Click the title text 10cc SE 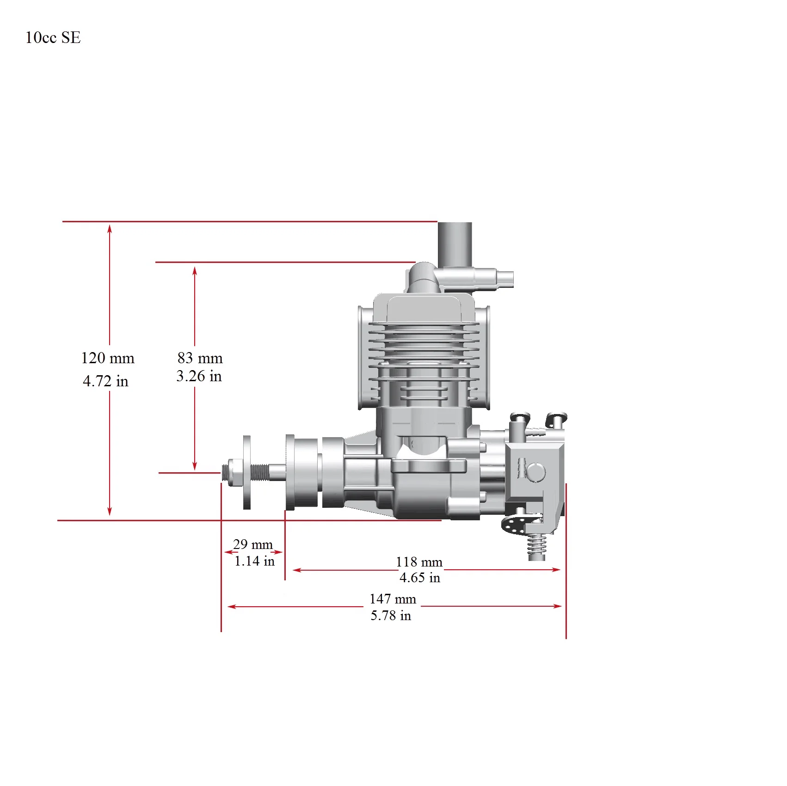click(x=53, y=38)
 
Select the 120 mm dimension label click(x=108, y=358)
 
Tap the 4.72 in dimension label click(x=105, y=381)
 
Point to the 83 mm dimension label click(x=200, y=358)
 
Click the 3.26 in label click(x=199, y=376)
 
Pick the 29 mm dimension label click(x=253, y=544)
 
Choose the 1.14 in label click(x=254, y=561)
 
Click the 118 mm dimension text click(x=419, y=562)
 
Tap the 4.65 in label click(x=420, y=578)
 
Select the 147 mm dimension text click(x=393, y=599)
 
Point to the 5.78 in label click(x=391, y=615)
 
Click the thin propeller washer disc click(x=247, y=472)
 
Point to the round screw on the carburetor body click(x=536, y=472)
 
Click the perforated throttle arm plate click(x=515, y=525)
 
